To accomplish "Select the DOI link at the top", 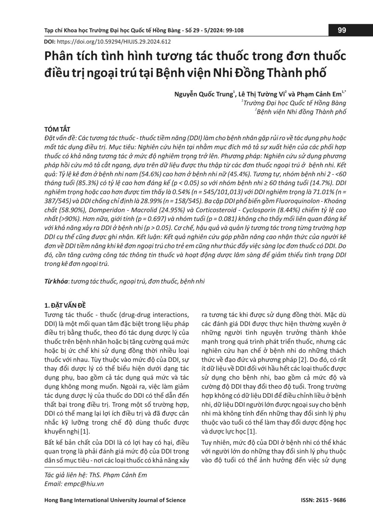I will click(x=113, y=42).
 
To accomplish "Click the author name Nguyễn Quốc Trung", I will click(x=204, y=94).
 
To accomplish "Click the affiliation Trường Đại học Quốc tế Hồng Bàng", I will click(x=295, y=103).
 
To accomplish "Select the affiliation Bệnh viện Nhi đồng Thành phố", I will click(x=301, y=112).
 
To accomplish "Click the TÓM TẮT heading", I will click(x=57, y=129).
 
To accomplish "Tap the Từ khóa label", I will click(x=56, y=281).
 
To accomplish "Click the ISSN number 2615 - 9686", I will click(x=332, y=500).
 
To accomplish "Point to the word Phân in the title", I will click(x=59, y=57).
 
